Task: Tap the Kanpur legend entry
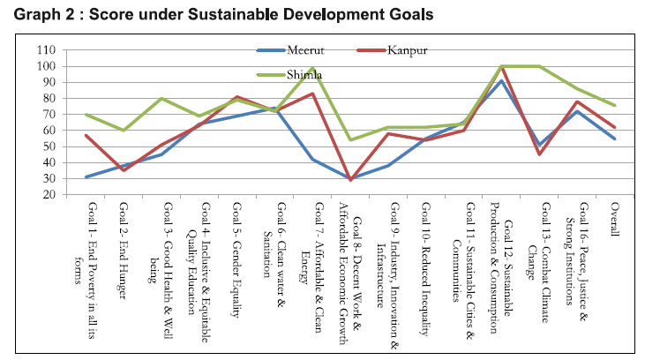point(409,49)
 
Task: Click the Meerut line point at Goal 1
point(86,177)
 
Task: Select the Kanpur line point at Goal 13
point(540,154)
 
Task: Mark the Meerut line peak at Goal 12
point(502,81)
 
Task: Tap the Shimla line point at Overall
point(615,106)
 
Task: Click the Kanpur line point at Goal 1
point(86,135)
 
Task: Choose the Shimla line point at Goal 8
point(351,139)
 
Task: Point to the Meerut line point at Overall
point(615,139)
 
